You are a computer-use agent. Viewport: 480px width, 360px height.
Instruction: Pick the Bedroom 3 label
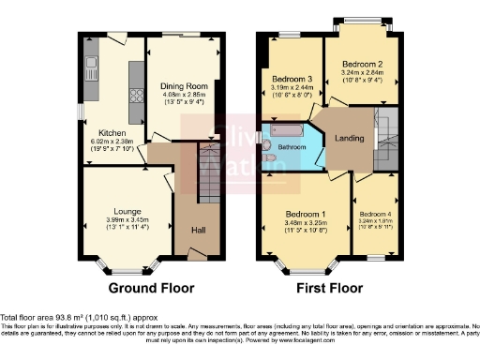(x=292, y=78)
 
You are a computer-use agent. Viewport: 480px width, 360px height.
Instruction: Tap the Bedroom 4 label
(x=375, y=214)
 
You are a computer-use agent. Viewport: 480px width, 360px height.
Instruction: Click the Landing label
(x=350, y=139)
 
